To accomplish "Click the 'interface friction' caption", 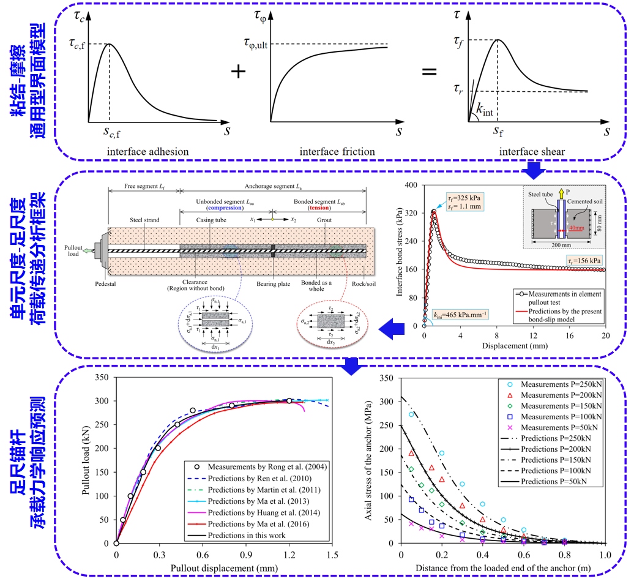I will click(x=337, y=152).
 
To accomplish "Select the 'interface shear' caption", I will click(x=531, y=152).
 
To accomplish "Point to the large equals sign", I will click(x=430, y=72).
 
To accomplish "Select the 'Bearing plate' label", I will click(x=272, y=285).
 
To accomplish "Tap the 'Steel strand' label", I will click(x=144, y=220).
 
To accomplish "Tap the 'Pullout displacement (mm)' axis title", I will click(x=220, y=568).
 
